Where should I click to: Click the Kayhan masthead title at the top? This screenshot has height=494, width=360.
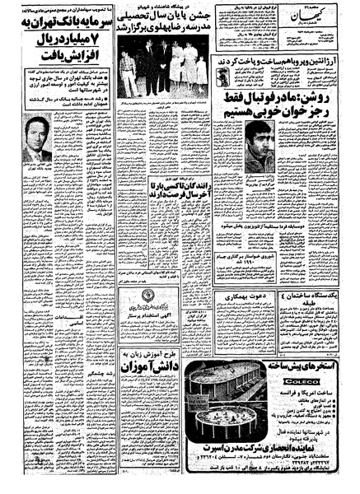pos(325,13)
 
